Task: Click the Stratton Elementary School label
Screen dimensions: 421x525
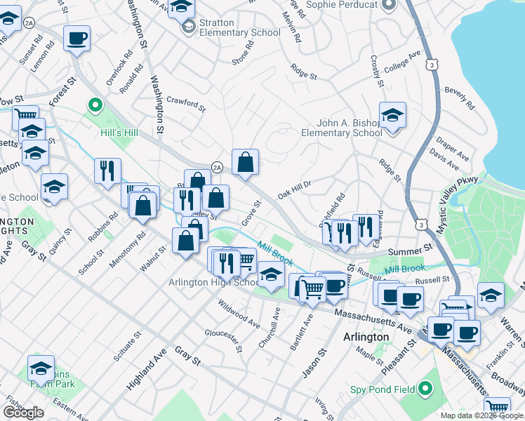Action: pyautogui.click(x=230, y=27)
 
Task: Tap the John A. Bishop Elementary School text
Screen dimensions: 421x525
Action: pyautogui.click(x=342, y=128)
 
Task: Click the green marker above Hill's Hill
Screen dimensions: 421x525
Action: pyautogui.click(x=95, y=106)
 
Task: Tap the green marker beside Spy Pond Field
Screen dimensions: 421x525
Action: pyautogui.click(x=425, y=388)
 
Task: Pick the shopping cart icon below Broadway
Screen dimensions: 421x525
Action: pyautogui.click(x=497, y=407)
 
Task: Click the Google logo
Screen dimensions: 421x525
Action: pyautogui.click(x=23, y=412)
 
